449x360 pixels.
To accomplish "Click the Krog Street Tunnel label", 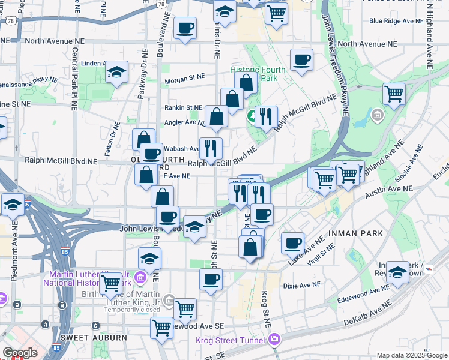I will click(231, 341).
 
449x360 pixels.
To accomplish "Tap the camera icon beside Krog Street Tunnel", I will click(274, 341).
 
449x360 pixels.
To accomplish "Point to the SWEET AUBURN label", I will click(94, 338).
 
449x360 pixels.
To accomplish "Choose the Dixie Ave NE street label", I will click(301, 284).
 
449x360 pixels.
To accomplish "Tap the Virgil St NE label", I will click(320, 249).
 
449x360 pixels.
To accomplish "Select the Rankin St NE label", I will click(183, 108).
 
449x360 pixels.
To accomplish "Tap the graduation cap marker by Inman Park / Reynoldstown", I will click(397, 273).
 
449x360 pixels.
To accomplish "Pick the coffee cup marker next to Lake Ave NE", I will click(293, 243).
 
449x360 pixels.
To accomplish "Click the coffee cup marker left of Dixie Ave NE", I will click(211, 279).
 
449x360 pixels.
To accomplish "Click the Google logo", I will click(20, 353).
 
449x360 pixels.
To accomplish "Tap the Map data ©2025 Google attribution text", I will click(412, 355).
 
